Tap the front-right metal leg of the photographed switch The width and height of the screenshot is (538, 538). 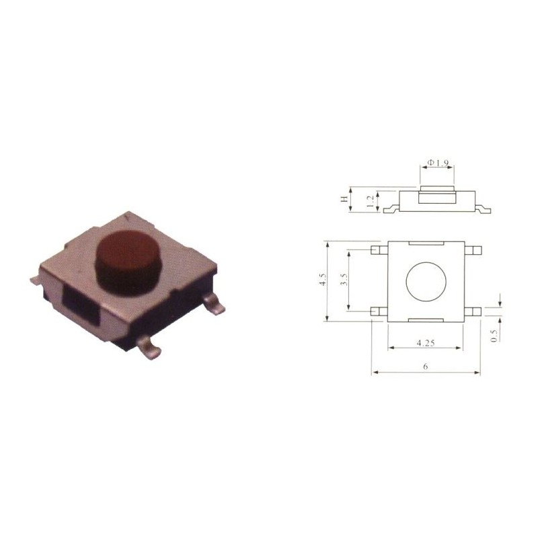(214, 305)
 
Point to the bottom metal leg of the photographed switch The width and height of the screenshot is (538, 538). (149, 347)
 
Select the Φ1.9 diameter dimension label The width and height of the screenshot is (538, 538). (438, 162)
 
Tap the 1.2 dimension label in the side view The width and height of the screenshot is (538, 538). (370, 201)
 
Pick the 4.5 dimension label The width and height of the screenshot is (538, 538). (323, 279)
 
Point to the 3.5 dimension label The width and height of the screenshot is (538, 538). (344, 280)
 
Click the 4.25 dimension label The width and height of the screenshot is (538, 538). (426, 342)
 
